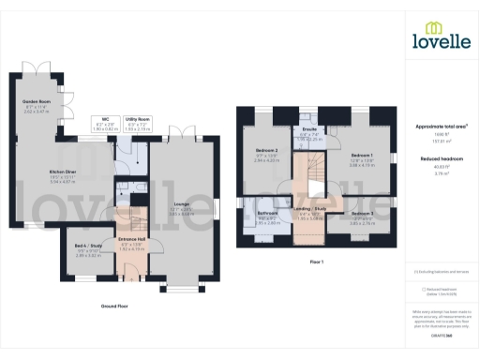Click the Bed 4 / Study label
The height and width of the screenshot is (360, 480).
[87, 247]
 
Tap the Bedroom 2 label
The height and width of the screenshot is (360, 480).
[267, 151]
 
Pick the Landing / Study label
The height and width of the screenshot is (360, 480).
[309, 209]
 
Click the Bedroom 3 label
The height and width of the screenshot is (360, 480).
[362, 213]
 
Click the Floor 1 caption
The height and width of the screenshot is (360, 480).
[316, 262]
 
